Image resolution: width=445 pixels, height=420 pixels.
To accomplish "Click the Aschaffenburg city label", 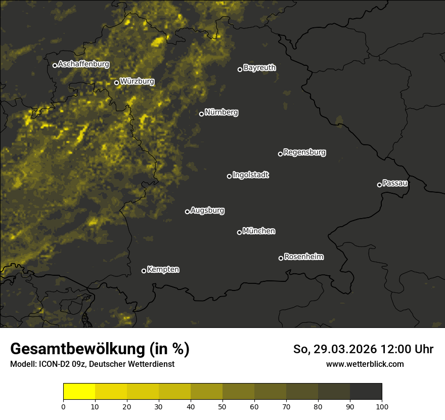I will [x=83, y=64].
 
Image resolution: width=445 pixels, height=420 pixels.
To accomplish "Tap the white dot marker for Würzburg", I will [x=116, y=82].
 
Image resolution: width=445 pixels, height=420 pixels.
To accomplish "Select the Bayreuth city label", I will [x=259, y=68].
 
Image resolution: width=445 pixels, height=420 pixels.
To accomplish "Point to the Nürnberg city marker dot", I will [x=201, y=114].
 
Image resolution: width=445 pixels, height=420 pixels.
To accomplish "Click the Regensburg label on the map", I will [x=304, y=152].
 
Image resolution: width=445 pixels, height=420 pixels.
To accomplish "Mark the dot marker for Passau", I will [x=379, y=185].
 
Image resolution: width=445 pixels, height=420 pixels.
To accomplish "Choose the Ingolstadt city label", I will [x=251, y=175].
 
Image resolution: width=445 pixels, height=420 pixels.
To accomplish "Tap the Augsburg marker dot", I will [x=187, y=212].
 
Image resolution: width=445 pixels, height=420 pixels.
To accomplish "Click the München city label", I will [x=259, y=231].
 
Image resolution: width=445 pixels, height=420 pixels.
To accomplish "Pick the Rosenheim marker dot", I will [x=281, y=259].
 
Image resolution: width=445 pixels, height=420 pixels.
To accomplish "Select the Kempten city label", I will [x=163, y=270].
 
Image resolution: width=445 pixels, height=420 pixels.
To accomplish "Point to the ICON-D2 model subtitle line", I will [x=92, y=364].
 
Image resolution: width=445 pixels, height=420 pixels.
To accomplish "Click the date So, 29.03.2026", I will [x=334, y=349].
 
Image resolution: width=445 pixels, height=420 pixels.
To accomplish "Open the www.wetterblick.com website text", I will [x=365, y=364].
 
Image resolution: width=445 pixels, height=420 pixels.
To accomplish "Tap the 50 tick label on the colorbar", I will [x=223, y=406].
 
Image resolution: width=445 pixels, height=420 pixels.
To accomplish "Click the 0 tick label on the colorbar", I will [x=63, y=406].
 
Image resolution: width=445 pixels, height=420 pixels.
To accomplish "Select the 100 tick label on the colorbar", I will [x=382, y=406].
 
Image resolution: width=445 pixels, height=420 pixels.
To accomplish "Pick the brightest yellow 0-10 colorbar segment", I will [x=79, y=392].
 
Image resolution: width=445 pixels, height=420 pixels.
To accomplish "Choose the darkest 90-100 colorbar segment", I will [x=366, y=392].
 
